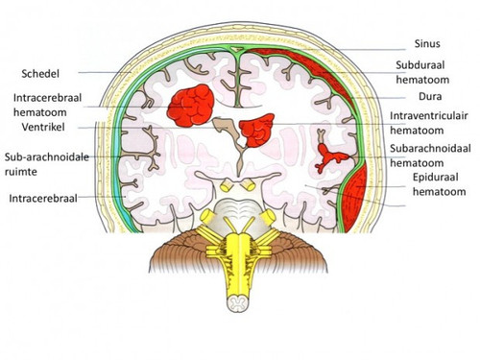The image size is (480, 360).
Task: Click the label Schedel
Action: [x=40, y=74]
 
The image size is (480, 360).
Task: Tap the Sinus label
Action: [x=427, y=43]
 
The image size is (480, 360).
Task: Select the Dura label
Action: [x=430, y=96]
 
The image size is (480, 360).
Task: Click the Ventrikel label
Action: [x=43, y=127]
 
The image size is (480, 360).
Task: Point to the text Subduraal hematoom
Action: [x=422, y=72]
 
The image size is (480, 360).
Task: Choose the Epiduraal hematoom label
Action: [x=439, y=184]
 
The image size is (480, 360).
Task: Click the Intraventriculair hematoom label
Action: [x=429, y=123]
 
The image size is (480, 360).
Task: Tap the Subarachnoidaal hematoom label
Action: [x=430, y=156]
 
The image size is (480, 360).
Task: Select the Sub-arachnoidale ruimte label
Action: [x=47, y=164]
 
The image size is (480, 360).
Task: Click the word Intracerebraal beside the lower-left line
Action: [x=43, y=199]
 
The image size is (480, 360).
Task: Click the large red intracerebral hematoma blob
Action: [x=191, y=106]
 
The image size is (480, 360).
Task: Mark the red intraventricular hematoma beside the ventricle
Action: [x=256, y=130]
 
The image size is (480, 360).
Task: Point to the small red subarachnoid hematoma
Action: [x=330, y=157]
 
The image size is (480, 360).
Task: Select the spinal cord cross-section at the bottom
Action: [x=238, y=303]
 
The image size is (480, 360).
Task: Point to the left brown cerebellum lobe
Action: [x=180, y=252]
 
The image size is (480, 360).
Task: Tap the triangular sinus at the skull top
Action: [x=237, y=49]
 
